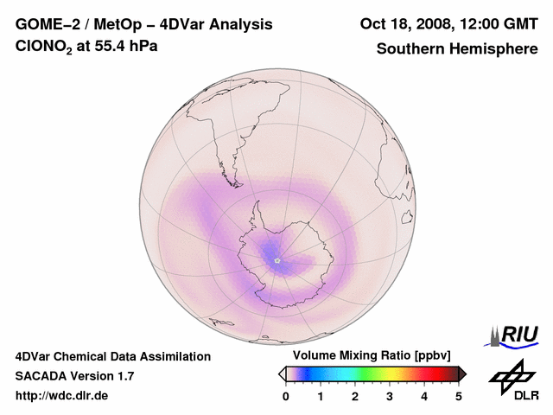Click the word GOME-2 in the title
45,24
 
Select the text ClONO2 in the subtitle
39,47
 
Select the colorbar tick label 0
286,396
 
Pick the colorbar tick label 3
390,396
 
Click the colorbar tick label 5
459,396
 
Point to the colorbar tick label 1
321,396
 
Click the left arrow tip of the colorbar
282,373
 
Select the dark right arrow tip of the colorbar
462,373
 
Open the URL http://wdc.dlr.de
62,397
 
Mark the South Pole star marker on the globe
276,259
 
